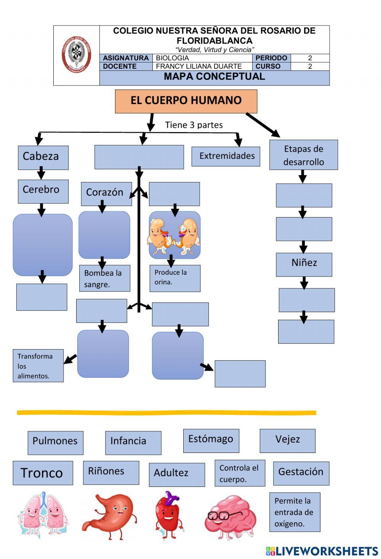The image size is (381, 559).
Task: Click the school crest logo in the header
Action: click(x=77, y=54)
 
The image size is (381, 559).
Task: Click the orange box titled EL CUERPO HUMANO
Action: click(x=186, y=101)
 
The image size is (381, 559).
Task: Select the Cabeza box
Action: click(x=43, y=157)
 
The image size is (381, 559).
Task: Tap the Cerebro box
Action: click(x=43, y=191)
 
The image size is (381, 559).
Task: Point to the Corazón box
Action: click(x=106, y=193)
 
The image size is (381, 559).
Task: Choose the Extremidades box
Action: click(x=226, y=156)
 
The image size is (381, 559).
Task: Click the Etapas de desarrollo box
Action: click(x=303, y=155)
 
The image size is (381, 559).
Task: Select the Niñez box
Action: click(x=304, y=264)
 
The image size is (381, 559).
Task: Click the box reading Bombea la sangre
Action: click(x=104, y=278)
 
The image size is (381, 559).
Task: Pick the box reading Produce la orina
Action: click(x=174, y=278)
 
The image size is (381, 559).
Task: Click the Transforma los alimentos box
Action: click(x=38, y=366)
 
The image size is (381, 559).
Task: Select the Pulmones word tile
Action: click(x=55, y=442)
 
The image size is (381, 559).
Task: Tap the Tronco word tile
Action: click(x=43, y=473)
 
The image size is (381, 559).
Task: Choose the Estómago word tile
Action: click(x=211, y=440)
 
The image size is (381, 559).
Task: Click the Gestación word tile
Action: click(x=301, y=473)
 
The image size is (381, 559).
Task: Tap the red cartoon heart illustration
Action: click(x=168, y=514)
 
